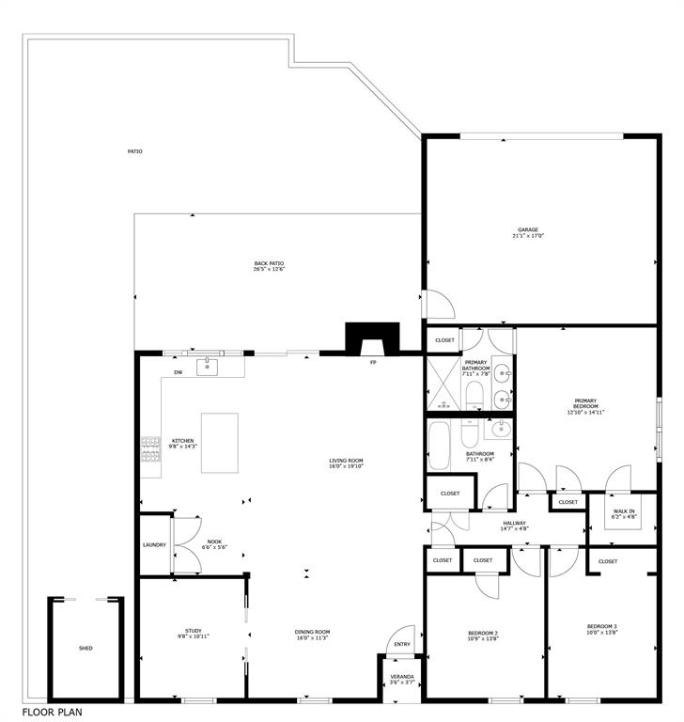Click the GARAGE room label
pos(528,229)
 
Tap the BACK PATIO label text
pos(269,263)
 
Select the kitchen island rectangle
pos(219,443)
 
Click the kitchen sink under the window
pos(208,367)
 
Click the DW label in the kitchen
pos(179,373)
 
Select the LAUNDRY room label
pos(154,544)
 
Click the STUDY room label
pos(194,631)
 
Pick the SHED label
pos(85,648)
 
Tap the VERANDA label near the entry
pos(402,676)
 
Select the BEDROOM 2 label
pos(483,633)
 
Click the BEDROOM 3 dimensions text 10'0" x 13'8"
pos(601,633)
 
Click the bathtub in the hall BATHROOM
pos(439,444)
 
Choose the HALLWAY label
pos(514,524)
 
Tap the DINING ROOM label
pos(312,632)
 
